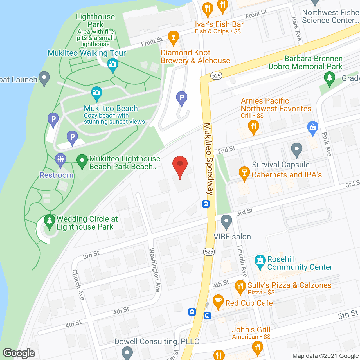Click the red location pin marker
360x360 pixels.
click(x=180, y=165)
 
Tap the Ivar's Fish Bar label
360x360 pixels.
click(x=219, y=24)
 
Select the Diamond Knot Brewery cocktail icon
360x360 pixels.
click(x=173, y=37)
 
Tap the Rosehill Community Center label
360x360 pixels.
click(x=300, y=263)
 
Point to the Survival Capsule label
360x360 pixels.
click(x=281, y=165)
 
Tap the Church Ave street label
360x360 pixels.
click(x=78, y=285)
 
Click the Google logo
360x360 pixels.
click(x=19, y=353)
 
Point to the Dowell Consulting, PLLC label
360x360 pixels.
click(x=157, y=341)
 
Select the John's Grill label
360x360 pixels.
click(x=251, y=330)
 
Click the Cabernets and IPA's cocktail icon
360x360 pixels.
click(x=244, y=173)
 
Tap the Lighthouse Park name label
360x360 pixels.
click(x=95, y=21)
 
